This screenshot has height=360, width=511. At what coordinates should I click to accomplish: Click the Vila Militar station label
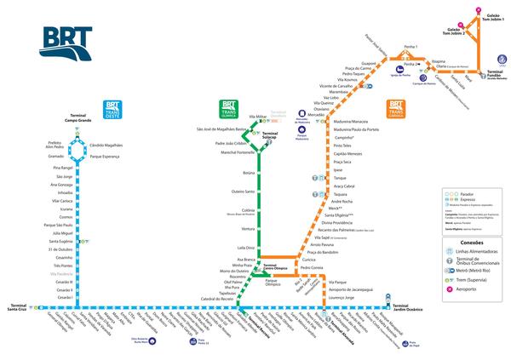tap(259, 116)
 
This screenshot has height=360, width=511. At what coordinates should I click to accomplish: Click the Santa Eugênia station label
tap(62, 241)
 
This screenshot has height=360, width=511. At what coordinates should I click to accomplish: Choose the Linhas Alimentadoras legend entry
tap(475, 253)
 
